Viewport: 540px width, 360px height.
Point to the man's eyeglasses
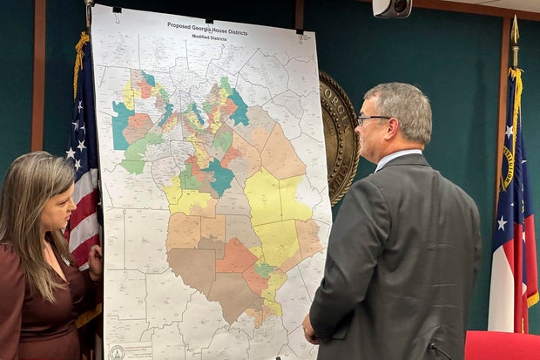pyautogui.click(x=373, y=119)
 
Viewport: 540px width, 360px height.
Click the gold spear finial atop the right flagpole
pyautogui.click(x=515, y=31)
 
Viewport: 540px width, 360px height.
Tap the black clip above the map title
pyautogui.click(x=208, y=18)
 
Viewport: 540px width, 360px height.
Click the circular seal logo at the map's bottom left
pyautogui.click(x=117, y=351)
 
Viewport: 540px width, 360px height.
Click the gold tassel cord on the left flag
pyautogui.click(x=80, y=61)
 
